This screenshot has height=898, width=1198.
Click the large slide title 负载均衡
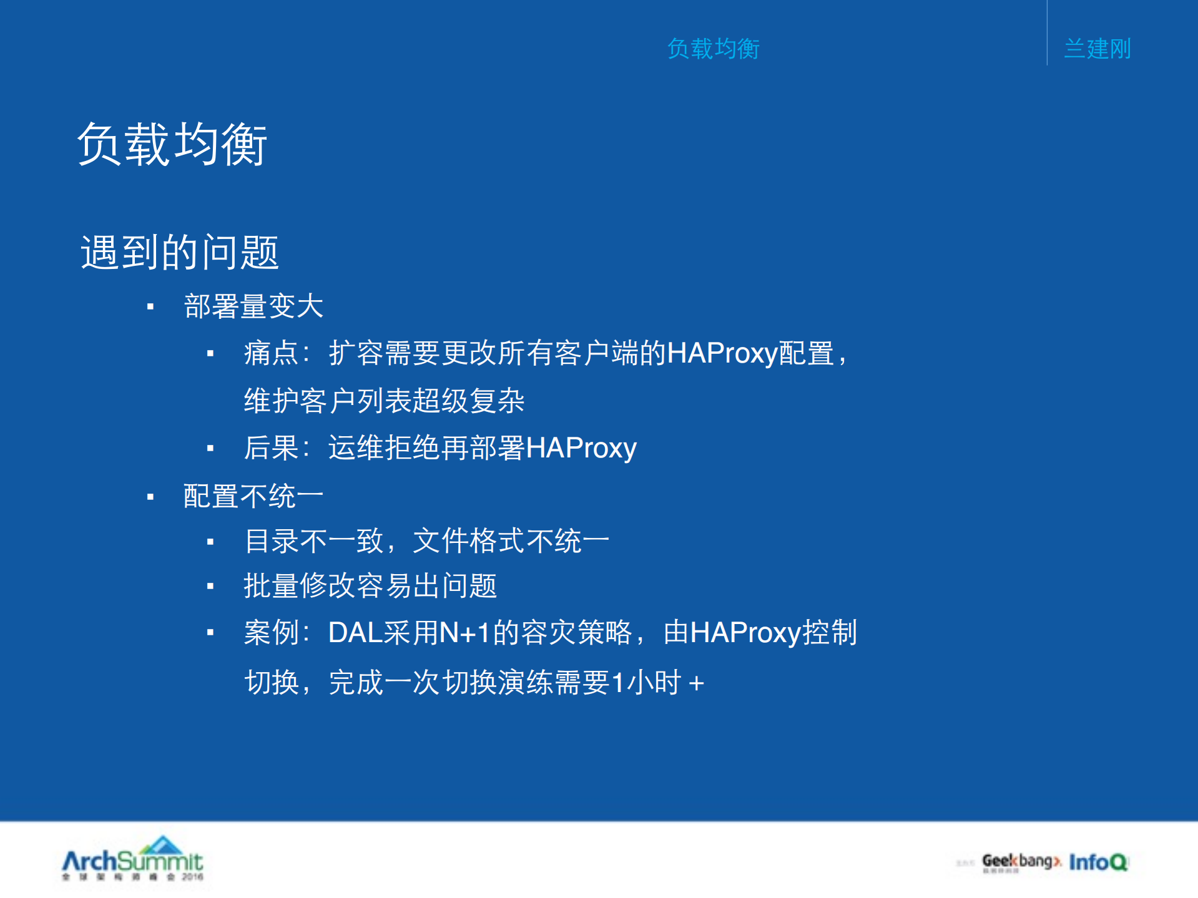coord(172,144)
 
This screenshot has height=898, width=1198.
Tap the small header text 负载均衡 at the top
coord(713,49)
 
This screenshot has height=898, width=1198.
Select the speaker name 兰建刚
coord(1097,49)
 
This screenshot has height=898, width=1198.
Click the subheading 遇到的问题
coord(180,253)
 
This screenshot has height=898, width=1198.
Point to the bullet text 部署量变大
coord(253,306)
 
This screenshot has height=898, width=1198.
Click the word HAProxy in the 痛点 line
coord(722,354)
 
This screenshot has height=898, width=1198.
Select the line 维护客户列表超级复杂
coord(384,401)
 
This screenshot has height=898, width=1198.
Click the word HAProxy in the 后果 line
coord(581,448)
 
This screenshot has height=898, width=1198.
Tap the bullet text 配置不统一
coord(253,497)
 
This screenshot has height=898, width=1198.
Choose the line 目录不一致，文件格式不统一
coord(427,541)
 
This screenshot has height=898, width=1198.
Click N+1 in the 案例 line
coord(464,633)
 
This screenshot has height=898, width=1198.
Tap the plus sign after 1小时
coord(697,683)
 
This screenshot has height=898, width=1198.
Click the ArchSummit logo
coord(133,859)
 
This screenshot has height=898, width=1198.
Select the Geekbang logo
coord(1021,862)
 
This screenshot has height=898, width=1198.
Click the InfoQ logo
coord(1098,862)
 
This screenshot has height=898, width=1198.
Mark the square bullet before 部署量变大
coord(150,306)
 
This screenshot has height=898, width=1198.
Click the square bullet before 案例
coord(210,633)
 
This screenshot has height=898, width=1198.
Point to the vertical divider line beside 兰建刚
coord(1047,32)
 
